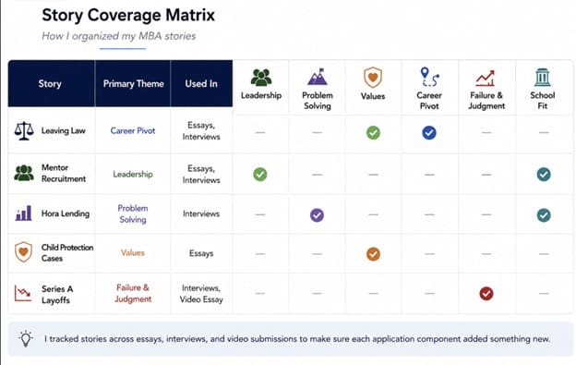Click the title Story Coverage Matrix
[128, 15]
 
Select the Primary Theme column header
[133, 84]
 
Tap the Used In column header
[201, 84]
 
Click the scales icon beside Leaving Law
[24, 131]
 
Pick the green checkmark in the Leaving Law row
[373, 133]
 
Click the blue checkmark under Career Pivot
[429, 133]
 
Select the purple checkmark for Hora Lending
[317, 215]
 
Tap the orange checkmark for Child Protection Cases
[373, 254]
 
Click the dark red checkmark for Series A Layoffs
[486, 293]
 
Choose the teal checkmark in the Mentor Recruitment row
[544, 175]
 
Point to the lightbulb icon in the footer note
[26, 339]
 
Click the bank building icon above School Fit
[543, 78]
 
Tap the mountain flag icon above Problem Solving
[318, 77]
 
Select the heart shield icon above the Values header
[373, 78]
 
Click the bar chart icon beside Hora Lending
[23, 213]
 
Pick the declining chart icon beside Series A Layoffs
[23, 293]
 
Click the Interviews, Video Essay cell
[201, 294]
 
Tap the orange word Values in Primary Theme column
[133, 253]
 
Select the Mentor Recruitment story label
[63, 173]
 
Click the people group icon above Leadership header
[261, 78]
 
